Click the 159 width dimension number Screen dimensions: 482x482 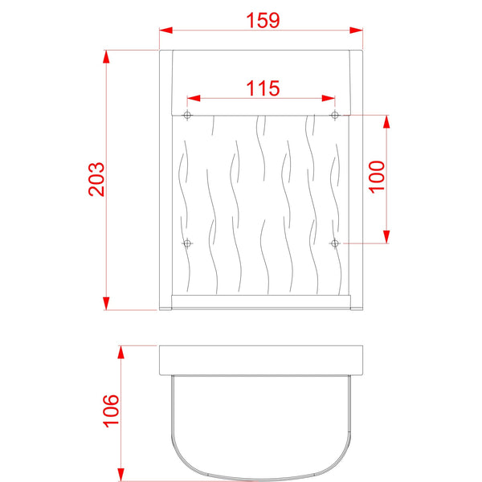263,20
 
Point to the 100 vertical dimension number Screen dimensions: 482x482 378,178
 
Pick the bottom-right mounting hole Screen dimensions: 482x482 335,243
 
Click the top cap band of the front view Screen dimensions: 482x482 261,80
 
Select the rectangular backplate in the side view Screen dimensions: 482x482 263,361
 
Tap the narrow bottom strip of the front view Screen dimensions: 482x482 261,301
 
